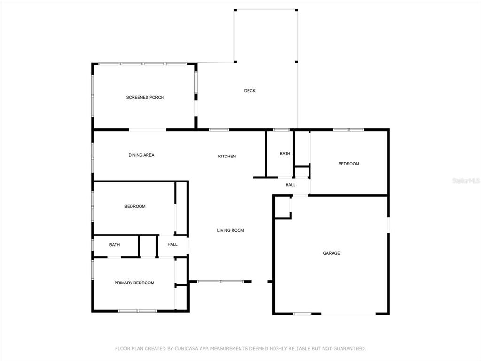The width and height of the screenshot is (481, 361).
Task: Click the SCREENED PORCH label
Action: [145, 97]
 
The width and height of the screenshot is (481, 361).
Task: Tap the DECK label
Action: [250, 91]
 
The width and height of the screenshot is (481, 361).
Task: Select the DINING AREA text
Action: [141, 155]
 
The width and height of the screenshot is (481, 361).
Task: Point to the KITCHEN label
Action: [227, 156]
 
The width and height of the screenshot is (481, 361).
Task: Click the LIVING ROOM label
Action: [231, 230]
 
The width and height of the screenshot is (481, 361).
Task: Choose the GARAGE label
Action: [331, 253]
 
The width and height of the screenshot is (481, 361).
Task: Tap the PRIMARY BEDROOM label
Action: [134, 283]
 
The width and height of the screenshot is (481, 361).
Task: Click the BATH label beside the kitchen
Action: [285, 154]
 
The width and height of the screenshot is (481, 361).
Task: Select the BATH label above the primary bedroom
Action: [115, 245]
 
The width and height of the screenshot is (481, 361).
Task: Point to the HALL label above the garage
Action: [290, 185]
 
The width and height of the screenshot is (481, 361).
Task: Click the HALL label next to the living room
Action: [172, 244]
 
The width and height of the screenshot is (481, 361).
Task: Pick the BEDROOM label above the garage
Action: [349, 164]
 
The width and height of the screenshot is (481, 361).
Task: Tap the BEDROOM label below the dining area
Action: [135, 206]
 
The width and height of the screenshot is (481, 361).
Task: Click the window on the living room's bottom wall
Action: [220, 282]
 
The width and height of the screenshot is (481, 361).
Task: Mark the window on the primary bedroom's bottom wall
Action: [138, 311]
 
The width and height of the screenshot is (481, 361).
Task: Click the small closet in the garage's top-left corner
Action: [282, 207]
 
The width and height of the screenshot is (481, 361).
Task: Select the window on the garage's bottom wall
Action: [302, 314]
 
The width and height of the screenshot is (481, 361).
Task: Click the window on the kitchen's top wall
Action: [219, 130]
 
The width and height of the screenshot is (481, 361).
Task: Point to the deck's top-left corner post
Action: [235, 10]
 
